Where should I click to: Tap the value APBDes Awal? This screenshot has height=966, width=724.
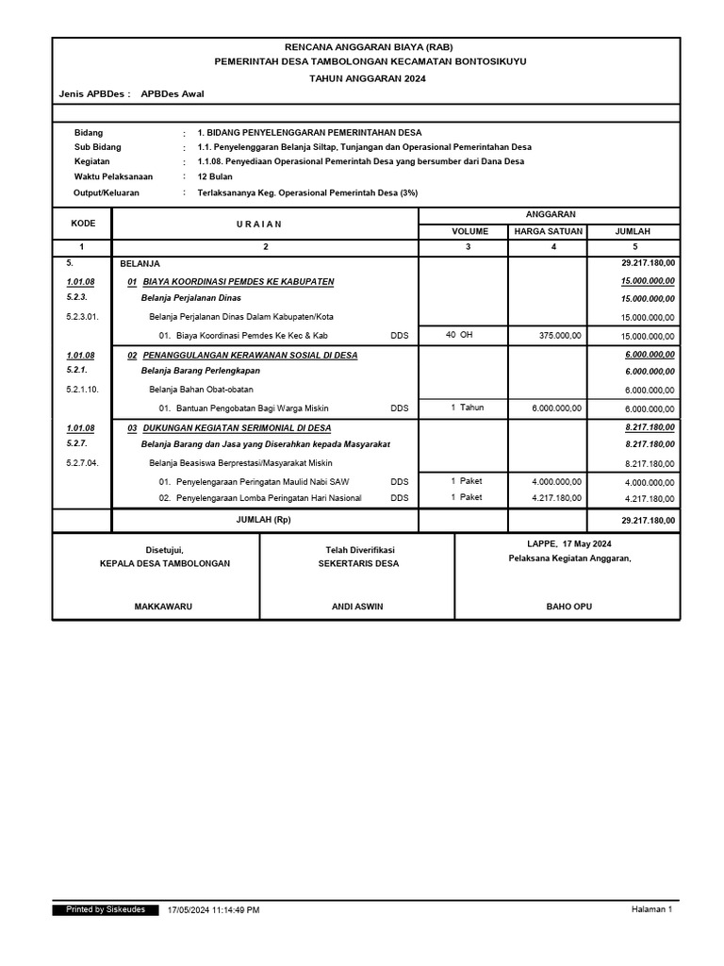click(x=172, y=94)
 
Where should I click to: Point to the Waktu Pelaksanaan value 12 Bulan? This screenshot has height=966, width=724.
click(x=215, y=176)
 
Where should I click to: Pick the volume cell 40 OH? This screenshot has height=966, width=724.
click(x=459, y=334)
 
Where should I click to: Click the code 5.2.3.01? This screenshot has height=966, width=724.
click(x=82, y=317)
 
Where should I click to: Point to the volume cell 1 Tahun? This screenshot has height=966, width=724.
click(x=467, y=408)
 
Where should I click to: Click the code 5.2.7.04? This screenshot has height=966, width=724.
click(x=82, y=463)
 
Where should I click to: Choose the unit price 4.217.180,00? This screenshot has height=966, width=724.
click(x=556, y=497)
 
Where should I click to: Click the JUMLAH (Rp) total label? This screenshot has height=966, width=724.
click(x=264, y=520)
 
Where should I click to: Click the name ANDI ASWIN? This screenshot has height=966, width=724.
click(x=358, y=607)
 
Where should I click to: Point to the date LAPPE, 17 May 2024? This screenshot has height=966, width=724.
click(x=567, y=544)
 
